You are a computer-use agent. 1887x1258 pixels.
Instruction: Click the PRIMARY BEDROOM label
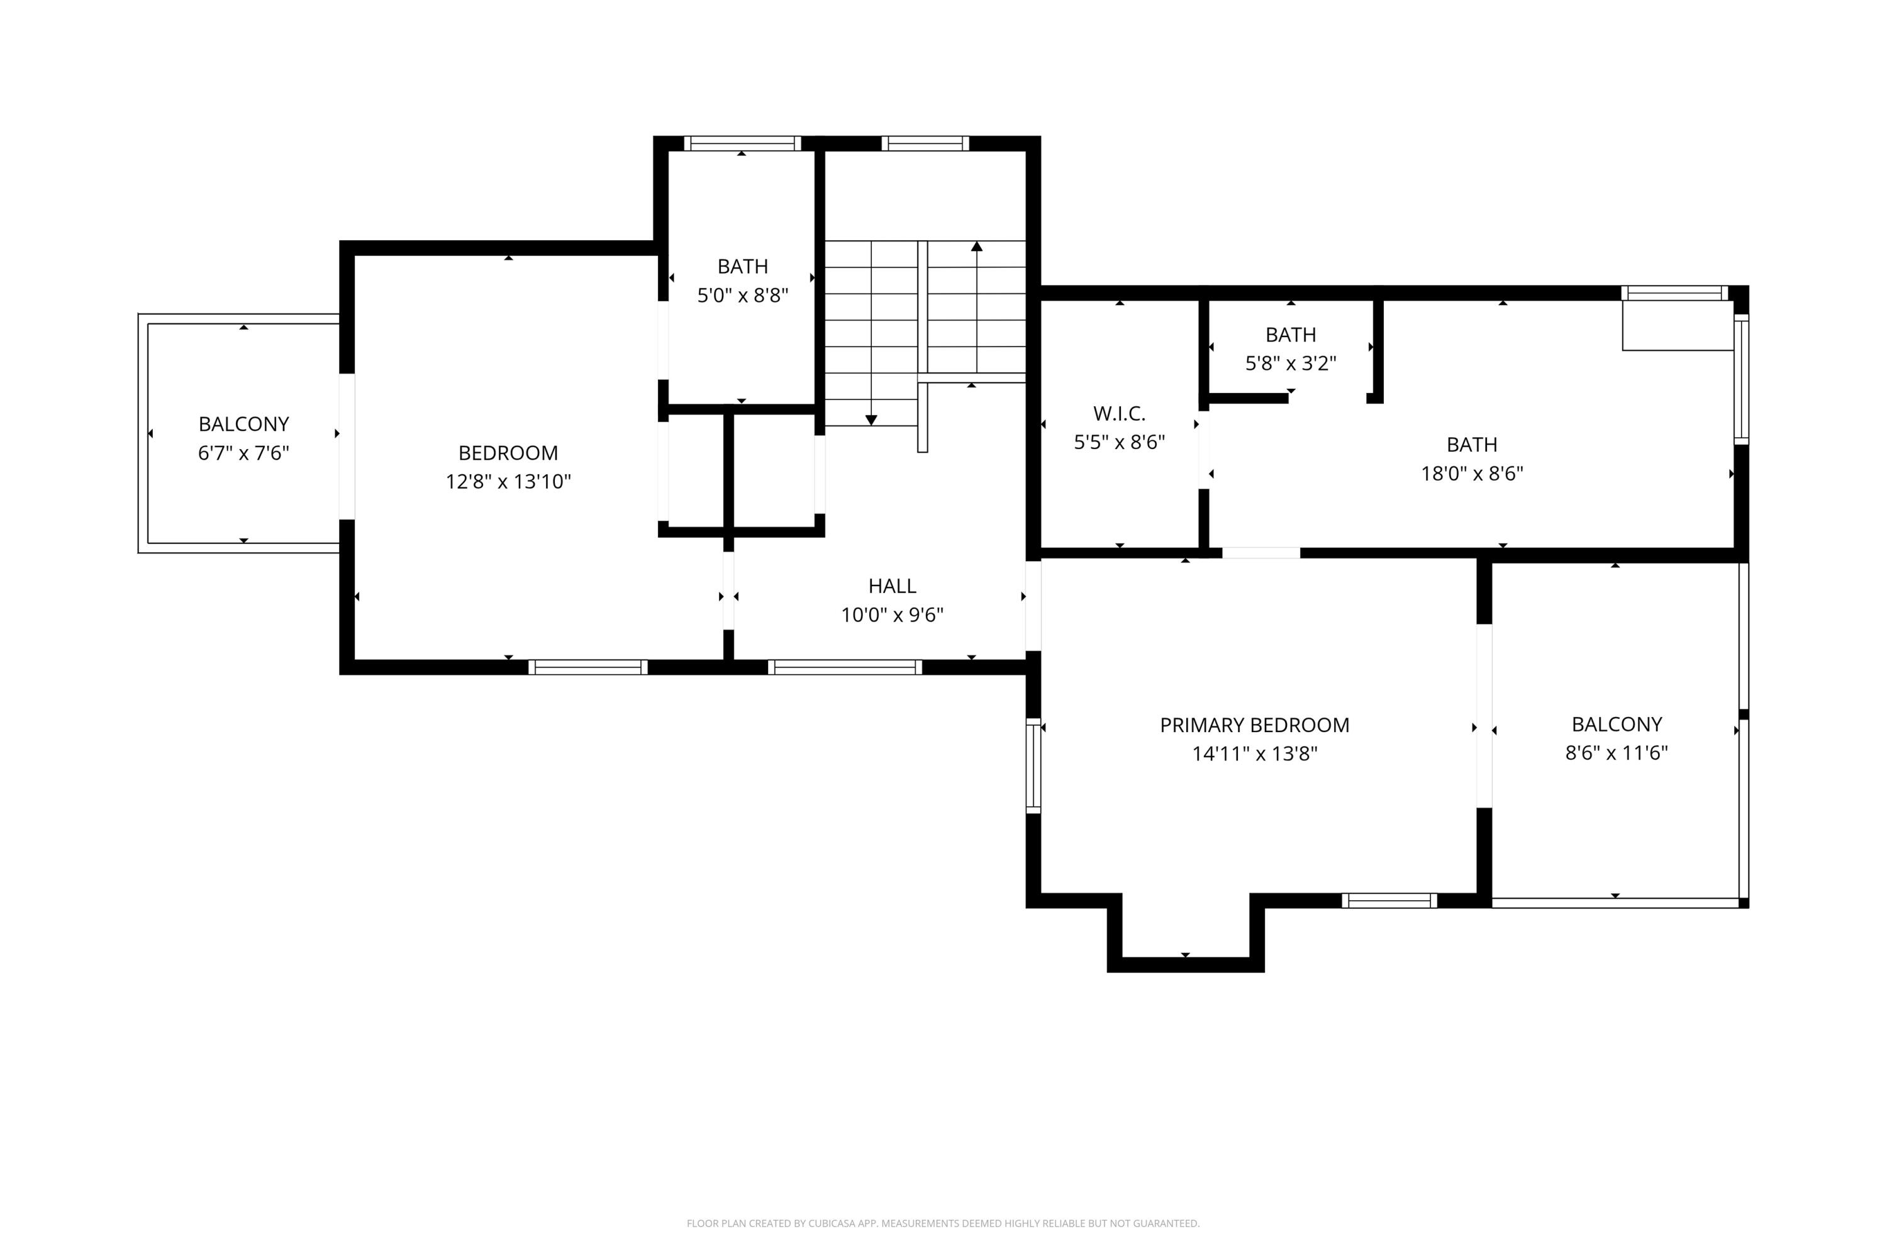[x=1254, y=725]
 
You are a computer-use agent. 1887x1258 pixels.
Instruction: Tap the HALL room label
[x=891, y=586]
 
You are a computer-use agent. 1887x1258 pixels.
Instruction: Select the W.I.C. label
[x=1118, y=413]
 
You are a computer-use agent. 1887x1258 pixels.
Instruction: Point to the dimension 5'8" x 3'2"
[x=1290, y=364]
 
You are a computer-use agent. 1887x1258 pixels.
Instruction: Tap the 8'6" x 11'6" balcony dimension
[x=1616, y=752]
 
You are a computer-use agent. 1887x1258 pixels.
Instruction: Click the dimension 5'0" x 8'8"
[x=742, y=295]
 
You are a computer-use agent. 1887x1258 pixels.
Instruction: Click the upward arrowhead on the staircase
[x=976, y=247]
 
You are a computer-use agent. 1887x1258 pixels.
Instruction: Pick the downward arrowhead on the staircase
[x=871, y=420]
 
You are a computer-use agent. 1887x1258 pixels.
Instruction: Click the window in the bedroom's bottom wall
[x=587, y=667]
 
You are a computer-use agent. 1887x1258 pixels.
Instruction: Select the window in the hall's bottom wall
[x=844, y=667]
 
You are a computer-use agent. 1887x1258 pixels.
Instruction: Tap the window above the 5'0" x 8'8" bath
[x=742, y=143]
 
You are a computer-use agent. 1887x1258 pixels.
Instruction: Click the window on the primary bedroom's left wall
[x=1033, y=765]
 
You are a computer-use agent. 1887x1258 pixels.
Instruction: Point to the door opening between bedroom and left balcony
[x=347, y=446]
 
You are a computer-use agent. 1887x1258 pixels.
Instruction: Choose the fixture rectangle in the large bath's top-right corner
[x=1677, y=326]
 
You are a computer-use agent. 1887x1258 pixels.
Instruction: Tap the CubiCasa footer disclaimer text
[x=943, y=1223]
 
